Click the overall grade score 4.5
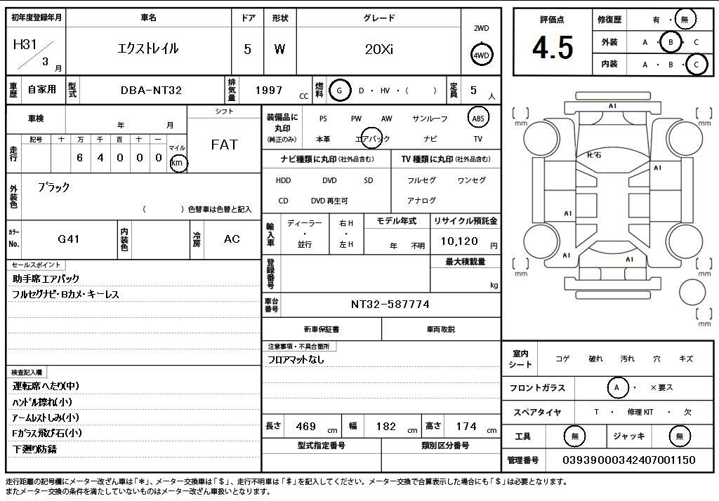point(553,48)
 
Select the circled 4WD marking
point(481,55)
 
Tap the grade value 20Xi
point(378,49)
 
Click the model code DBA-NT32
point(151,91)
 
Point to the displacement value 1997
point(269,91)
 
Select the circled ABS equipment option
point(477,119)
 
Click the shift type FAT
point(224,145)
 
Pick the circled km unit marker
point(178,163)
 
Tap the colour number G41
point(69,239)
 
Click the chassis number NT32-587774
point(390,305)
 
